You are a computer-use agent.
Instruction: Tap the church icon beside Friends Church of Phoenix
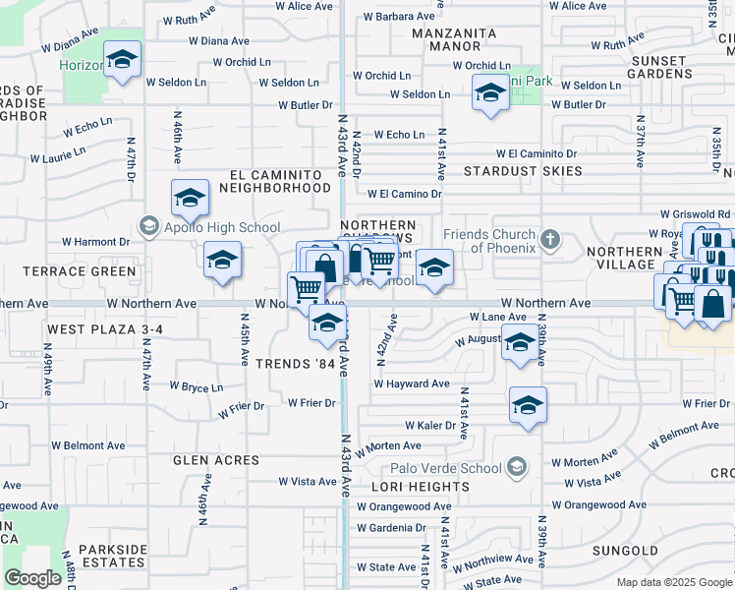coord(550,239)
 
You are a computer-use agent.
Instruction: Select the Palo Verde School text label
coord(445,468)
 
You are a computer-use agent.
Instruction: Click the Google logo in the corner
coord(32,578)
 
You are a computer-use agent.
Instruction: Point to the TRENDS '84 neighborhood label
coord(296,365)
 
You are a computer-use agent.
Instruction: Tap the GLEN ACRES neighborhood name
coord(216,460)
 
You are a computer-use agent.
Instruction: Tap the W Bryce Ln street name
coord(197,387)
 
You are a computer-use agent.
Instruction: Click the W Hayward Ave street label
coord(411,383)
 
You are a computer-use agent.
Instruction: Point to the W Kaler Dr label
coord(430,426)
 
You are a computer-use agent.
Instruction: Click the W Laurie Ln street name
coord(58,154)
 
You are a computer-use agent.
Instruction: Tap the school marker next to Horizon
coord(123,61)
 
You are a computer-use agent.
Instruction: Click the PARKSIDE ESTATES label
coord(112,556)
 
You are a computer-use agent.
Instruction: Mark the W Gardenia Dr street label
coord(391,527)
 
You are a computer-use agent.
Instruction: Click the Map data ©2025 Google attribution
coord(673,582)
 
